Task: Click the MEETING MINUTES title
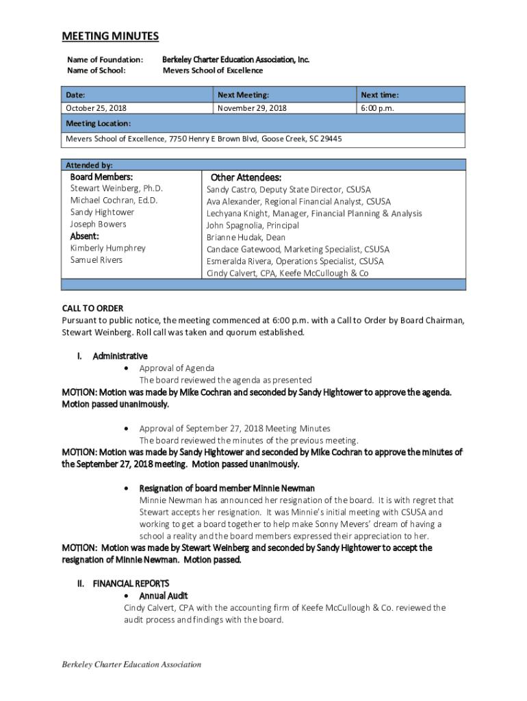pyautogui.click(x=110, y=36)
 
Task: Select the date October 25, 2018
pyautogui.click(x=96, y=108)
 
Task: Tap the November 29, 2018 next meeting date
pyautogui.click(x=252, y=108)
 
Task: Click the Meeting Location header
pyautogui.click(x=98, y=123)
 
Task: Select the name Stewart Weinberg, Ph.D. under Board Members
pyautogui.click(x=116, y=188)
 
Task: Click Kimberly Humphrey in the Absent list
pyautogui.click(x=107, y=248)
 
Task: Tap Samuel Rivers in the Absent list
pyautogui.click(x=97, y=260)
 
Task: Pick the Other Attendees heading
pyautogui.click(x=246, y=177)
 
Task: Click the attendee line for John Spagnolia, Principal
pyautogui.click(x=253, y=225)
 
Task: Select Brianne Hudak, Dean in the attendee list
pyautogui.click(x=246, y=237)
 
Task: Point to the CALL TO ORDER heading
pyautogui.click(x=92, y=308)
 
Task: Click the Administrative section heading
pyautogui.click(x=120, y=356)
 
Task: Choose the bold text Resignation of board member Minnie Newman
pyautogui.click(x=227, y=488)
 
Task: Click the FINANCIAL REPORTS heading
pyautogui.click(x=131, y=583)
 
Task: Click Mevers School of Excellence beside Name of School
pyautogui.click(x=212, y=71)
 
